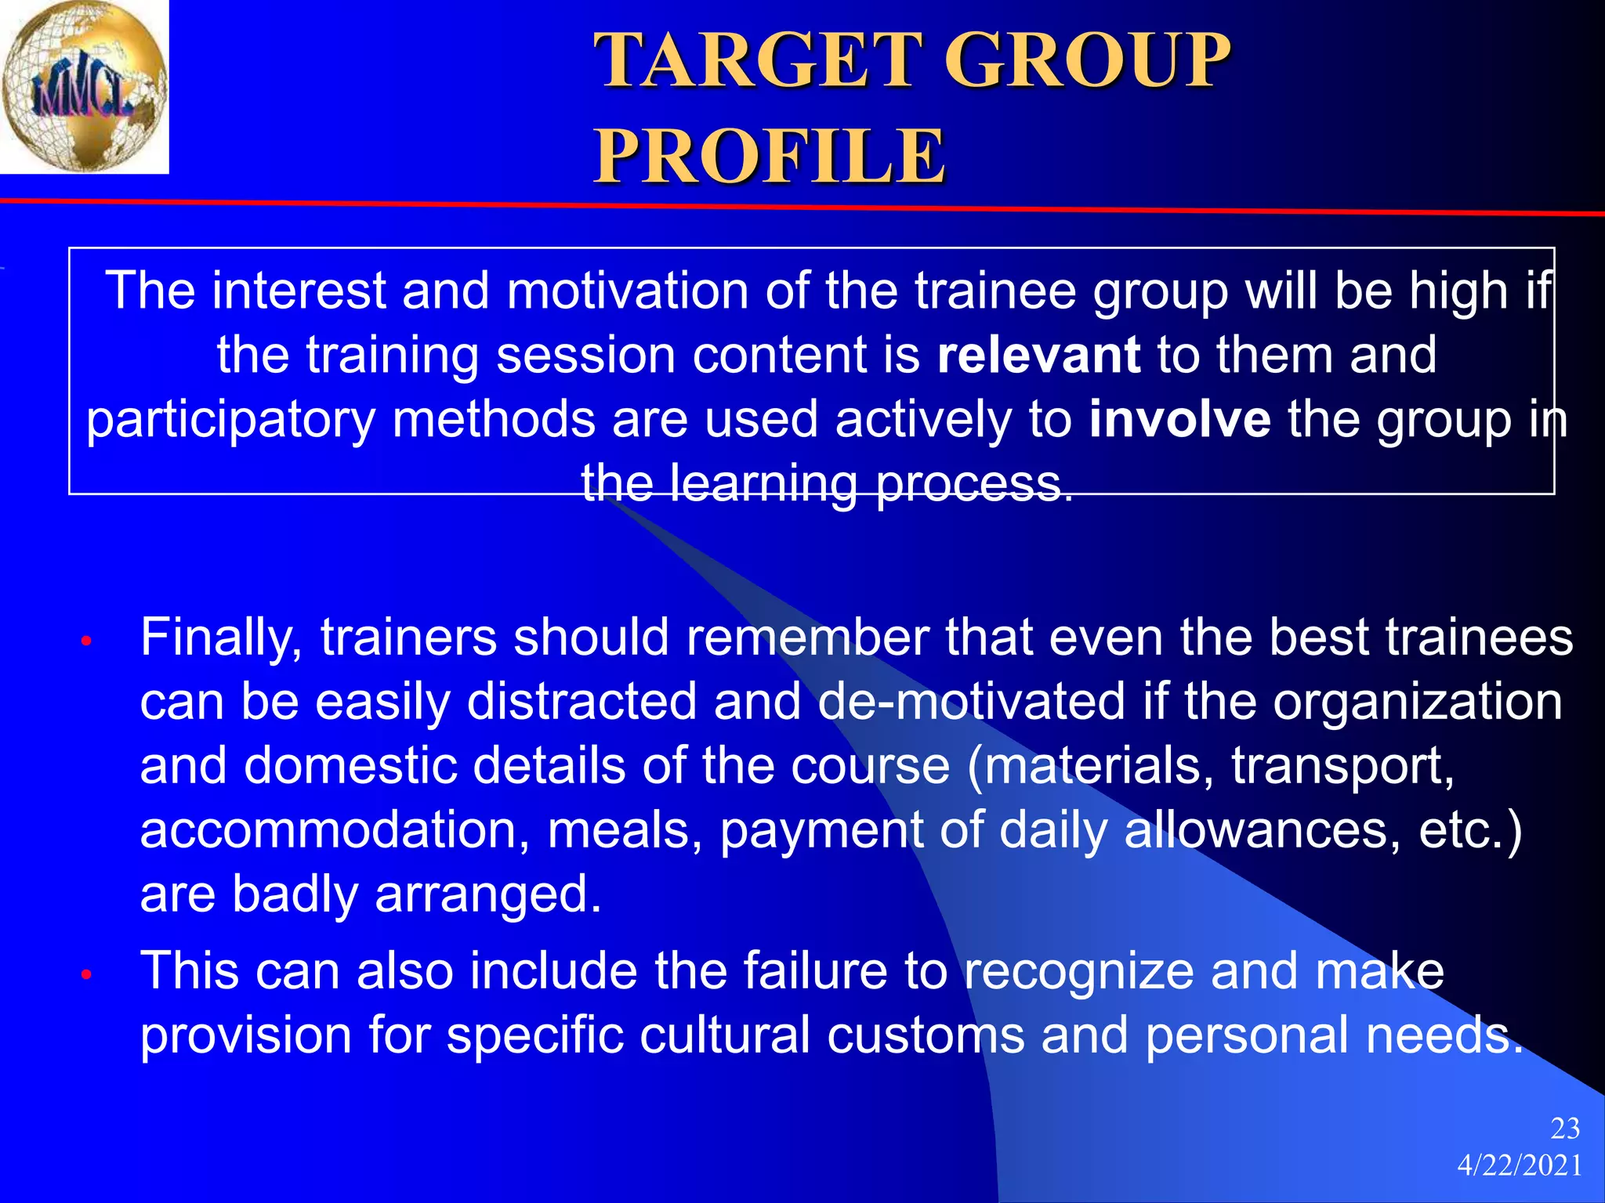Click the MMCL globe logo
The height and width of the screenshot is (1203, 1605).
coord(84,86)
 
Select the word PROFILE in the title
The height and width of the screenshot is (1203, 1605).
coord(770,157)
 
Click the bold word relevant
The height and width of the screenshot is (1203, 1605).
coord(1038,355)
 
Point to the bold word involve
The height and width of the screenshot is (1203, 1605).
coord(1179,419)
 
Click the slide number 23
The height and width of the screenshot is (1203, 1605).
coord(1565,1129)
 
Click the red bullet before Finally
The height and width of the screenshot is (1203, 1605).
coord(87,642)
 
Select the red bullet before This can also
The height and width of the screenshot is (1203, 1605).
coord(87,975)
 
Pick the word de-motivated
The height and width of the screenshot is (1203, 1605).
coord(971,701)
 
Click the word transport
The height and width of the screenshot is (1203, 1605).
coord(1342,766)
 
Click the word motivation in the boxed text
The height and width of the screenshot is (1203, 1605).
coord(628,291)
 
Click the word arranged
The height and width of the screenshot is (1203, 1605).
coord(487,894)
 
